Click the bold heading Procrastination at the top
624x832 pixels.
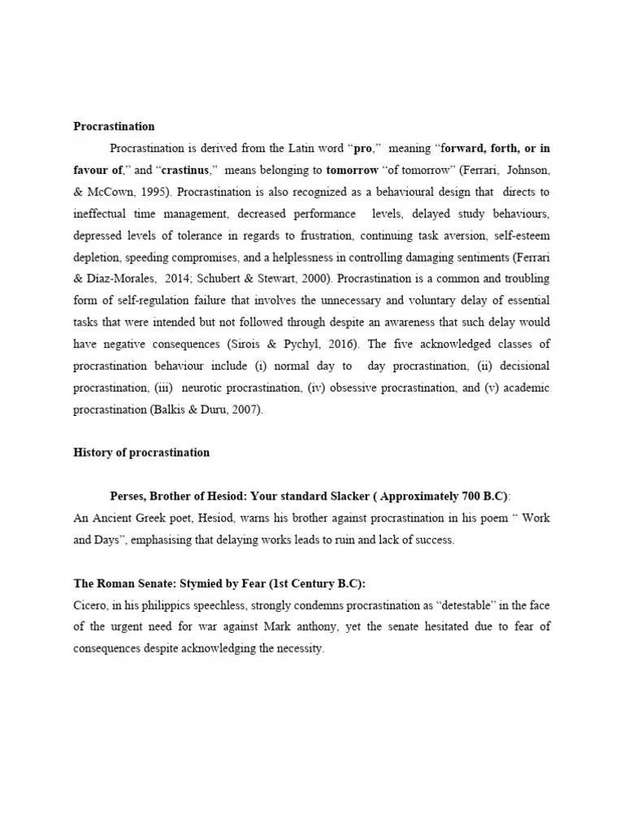pyautogui.click(x=114, y=126)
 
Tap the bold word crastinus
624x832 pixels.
pyautogui.click(x=188, y=171)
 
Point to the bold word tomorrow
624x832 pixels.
pyautogui.click(x=352, y=171)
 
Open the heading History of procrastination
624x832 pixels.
pyautogui.click(x=141, y=453)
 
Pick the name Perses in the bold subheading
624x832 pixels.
pyautogui.click(x=128, y=496)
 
